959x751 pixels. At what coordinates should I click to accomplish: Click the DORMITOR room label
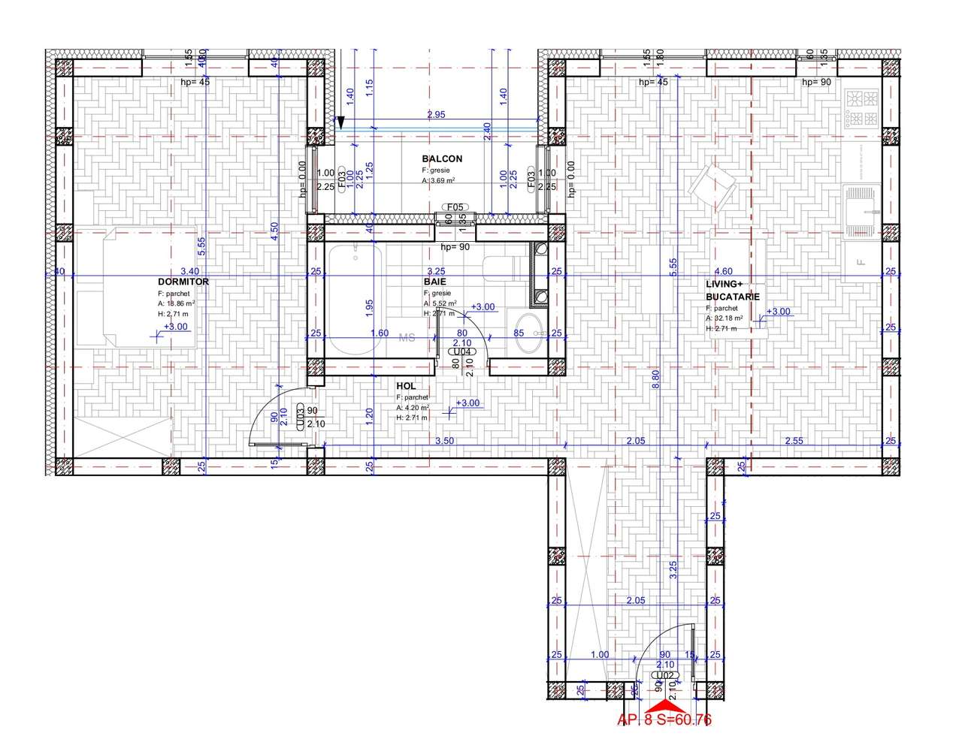click(183, 282)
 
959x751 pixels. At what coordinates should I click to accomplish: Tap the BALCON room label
click(442, 159)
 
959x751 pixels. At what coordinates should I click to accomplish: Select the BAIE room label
click(434, 282)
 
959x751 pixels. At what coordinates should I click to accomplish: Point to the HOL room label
click(406, 386)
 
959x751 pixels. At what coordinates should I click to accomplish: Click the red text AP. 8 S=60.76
click(664, 720)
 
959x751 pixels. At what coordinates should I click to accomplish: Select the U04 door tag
click(461, 351)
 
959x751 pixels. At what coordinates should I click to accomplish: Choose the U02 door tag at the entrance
click(665, 675)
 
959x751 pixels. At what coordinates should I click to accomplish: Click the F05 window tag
click(456, 207)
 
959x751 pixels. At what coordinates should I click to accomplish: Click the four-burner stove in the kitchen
click(862, 108)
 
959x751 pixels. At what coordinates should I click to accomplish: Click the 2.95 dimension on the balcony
click(437, 115)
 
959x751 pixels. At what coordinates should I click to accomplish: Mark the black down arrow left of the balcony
click(340, 122)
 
